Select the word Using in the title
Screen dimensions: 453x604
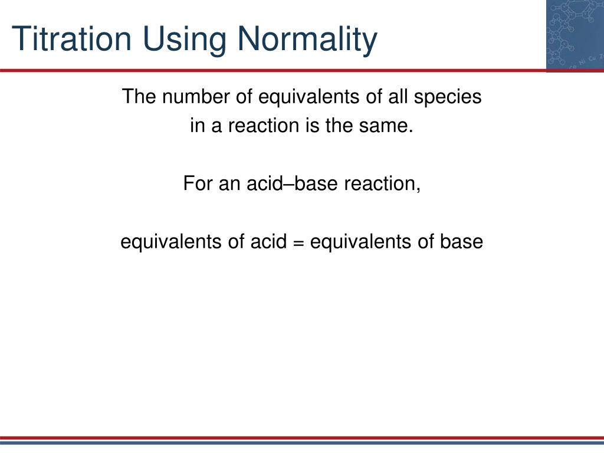pyautogui.click(x=185, y=39)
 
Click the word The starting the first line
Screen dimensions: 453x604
pyautogui.click(x=138, y=96)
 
